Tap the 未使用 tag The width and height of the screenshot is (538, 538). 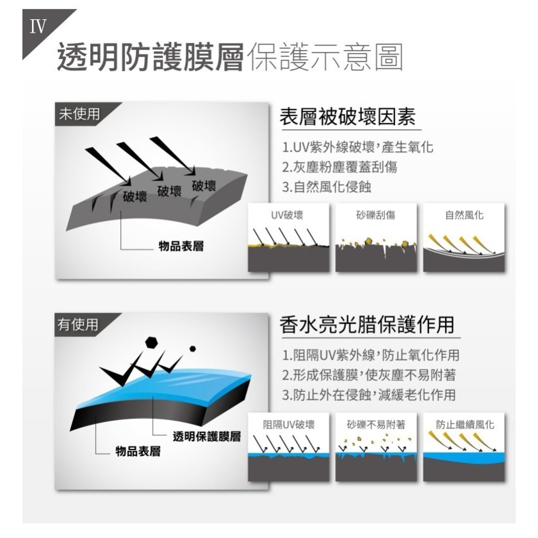[79, 114]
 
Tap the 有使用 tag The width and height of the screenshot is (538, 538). [79, 325]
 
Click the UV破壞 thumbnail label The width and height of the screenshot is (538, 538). [287, 216]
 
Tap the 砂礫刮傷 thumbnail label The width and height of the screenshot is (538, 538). [375, 216]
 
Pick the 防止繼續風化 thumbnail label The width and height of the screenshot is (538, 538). [464, 424]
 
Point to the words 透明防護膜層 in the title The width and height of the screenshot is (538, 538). [151, 58]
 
